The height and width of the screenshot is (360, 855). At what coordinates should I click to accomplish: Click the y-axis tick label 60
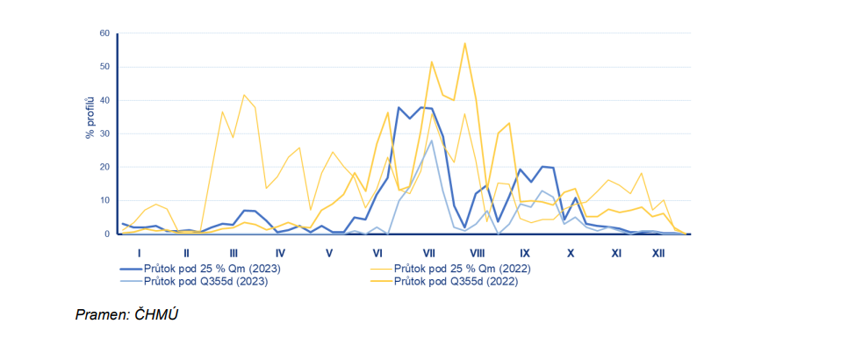(x=104, y=33)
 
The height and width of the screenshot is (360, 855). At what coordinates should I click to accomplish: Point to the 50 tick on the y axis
(x=104, y=67)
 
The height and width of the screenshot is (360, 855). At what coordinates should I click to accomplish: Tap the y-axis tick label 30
(x=104, y=133)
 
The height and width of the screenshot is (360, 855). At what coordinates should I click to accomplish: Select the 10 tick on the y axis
(x=104, y=200)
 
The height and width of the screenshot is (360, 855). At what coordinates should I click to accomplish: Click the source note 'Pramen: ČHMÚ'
(x=127, y=314)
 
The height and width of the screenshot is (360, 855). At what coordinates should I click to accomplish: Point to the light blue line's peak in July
(x=432, y=140)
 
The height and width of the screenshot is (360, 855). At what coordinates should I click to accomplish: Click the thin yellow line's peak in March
(x=244, y=95)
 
